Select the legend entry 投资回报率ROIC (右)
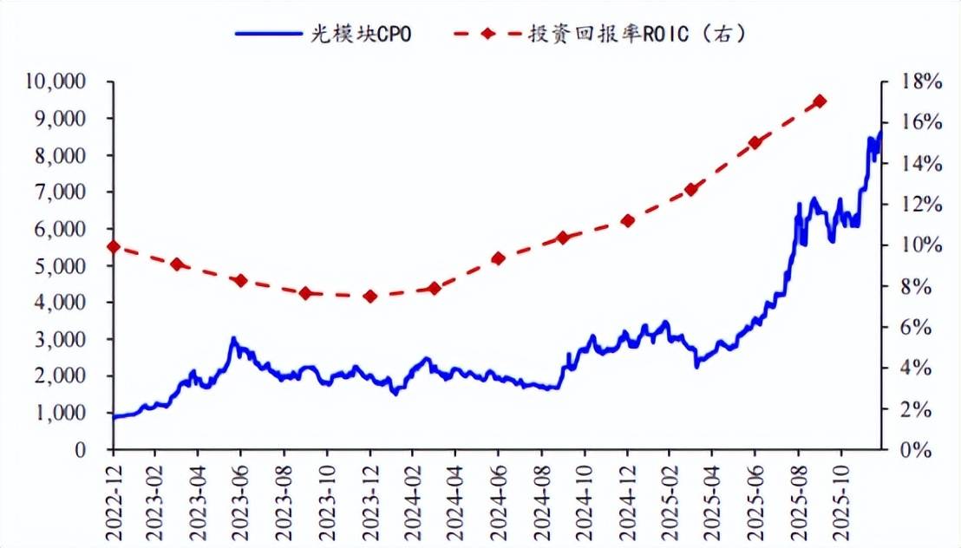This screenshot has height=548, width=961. [x=599, y=34]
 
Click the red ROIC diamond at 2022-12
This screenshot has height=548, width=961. [x=113, y=247]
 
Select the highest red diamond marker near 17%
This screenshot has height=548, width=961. [x=820, y=101]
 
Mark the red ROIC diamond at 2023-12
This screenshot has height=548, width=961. [x=370, y=297]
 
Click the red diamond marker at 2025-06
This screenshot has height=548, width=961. [x=755, y=142]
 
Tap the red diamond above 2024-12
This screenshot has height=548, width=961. [x=628, y=221]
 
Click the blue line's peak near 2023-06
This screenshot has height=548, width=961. [x=233, y=339]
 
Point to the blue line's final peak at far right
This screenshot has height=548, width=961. [x=880, y=133]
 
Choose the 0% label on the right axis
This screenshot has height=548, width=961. [x=918, y=451]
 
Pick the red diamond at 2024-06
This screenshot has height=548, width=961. [x=498, y=258]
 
